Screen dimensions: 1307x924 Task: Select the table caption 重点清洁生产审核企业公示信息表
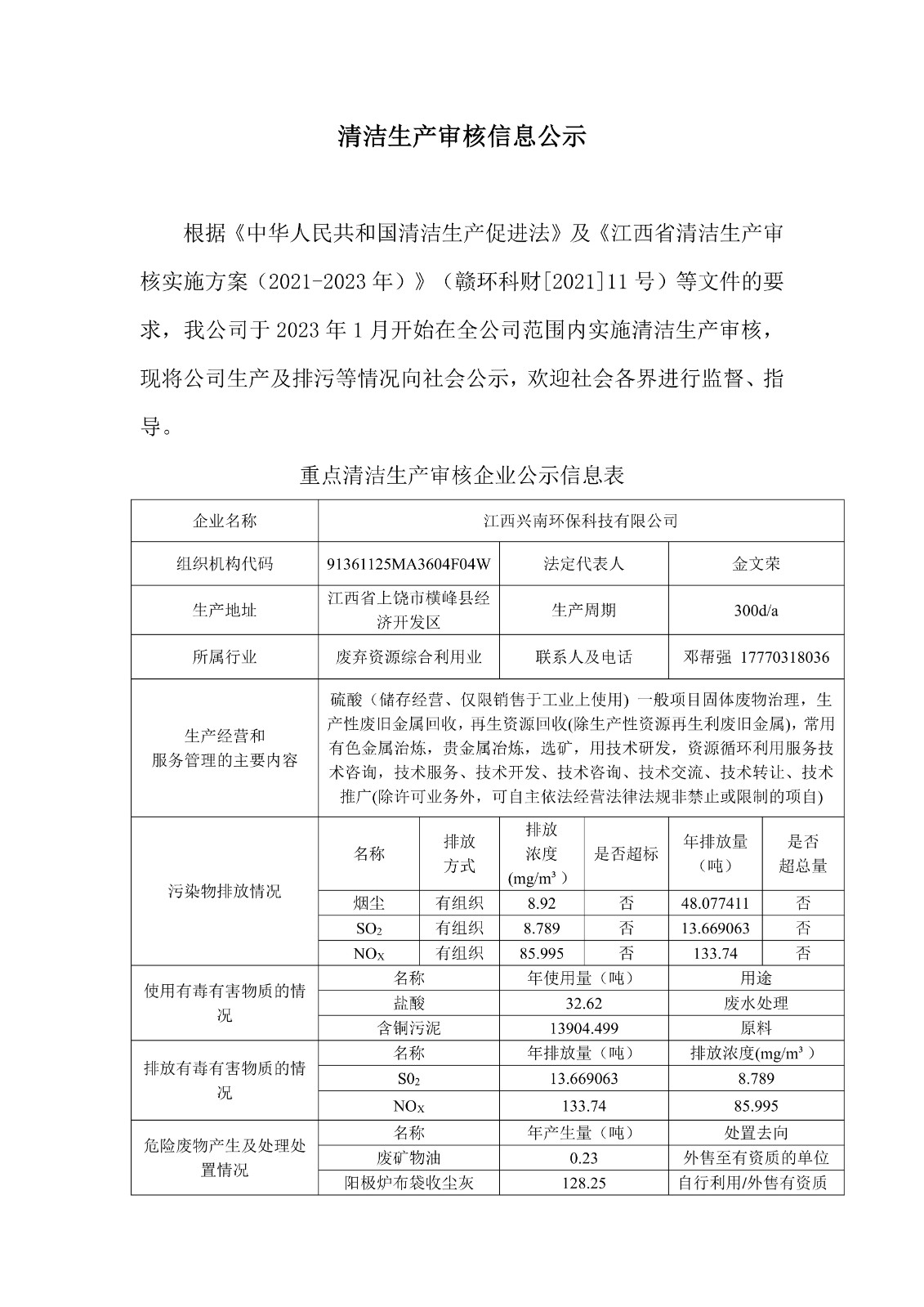pyautogui.click(x=462, y=475)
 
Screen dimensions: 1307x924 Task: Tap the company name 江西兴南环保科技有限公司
pyautogui.click(x=580, y=521)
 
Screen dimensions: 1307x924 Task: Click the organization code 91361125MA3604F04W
pyautogui.click(x=408, y=564)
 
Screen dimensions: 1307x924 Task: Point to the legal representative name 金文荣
pyautogui.click(x=756, y=564)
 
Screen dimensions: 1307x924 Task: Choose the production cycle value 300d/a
pyautogui.click(x=756, y=611)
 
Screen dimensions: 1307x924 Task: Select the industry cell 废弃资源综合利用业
pyautogui.click(x=408, y=657)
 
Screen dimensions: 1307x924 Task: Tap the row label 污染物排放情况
pyautogui.click(x=225, y=891)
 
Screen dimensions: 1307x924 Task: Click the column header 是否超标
pyautogui.click(x=626, y=854)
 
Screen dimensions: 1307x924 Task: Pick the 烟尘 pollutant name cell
pyautogui.click(x=369, y=903)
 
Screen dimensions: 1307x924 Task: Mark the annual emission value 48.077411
pyautogui.click(x=715, y=903)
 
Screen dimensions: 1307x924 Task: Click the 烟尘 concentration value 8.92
pyautogui.click(x=542, y=903)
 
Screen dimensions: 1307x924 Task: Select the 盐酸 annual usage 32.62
pyautogui.click(x=583, y=1003)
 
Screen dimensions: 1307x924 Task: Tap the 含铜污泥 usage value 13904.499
pyautogui.click(x=583, y=1028)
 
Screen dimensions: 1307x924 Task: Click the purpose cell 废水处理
pyautogui.click(x=756, y=1003)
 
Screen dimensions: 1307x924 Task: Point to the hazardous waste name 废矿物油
pyautogui.click(x=408, y=1157)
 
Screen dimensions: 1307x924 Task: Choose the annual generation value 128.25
pyautogui.click(x=583, y=1183)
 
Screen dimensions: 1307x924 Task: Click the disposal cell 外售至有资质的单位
pyautogui.click(x=756, y=1157)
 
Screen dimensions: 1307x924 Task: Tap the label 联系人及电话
pyautogui.click(x=583, y=657)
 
